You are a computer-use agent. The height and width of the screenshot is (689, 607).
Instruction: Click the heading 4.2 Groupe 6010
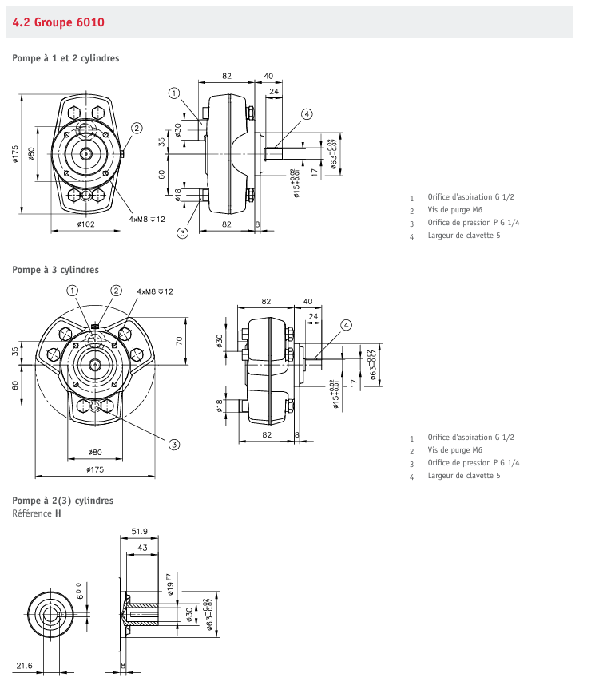click(58, 22)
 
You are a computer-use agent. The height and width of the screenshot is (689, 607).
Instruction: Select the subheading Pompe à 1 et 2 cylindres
click(65, 58)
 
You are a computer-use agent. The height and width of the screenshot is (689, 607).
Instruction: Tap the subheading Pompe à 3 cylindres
click(55, 270)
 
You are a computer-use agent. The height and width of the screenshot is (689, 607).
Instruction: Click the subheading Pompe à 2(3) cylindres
click(62, 501)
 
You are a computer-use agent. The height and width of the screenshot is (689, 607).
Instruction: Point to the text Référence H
click(36, 513)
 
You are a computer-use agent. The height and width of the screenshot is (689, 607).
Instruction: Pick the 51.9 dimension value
click(140, 531)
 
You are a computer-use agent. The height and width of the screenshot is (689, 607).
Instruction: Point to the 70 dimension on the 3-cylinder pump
click(180, 340)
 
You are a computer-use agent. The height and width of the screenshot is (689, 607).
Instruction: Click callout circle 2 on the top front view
click(137, 128)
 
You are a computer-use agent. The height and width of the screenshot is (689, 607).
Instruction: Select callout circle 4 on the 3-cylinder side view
click(346, 325)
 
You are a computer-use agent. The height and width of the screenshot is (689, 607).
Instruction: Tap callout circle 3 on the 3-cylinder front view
click(173, 444)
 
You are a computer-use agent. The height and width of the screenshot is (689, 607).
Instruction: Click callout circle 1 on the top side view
click(174, 93)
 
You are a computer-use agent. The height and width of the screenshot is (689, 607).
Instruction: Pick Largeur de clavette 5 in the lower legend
click(464, 476)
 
